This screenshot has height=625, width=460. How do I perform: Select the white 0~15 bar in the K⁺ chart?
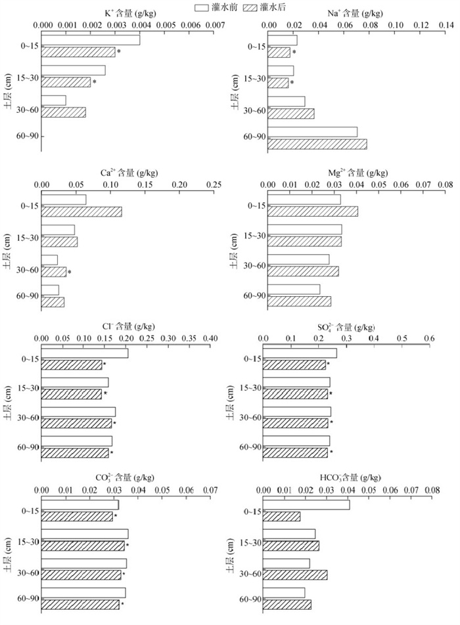tap(91, 40)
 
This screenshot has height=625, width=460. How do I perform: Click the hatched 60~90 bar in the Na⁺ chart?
tap(317, 144)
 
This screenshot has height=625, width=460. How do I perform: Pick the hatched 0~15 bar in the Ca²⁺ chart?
tap(81, 211)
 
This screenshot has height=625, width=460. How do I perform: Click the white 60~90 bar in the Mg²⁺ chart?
tap(294, 290)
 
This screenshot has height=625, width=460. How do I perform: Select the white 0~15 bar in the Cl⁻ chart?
tap(84, 353)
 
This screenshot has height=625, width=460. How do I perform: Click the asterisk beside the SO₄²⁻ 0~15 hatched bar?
tap(329, 364)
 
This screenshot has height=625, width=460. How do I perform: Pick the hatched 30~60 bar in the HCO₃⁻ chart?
tap(295, 575)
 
